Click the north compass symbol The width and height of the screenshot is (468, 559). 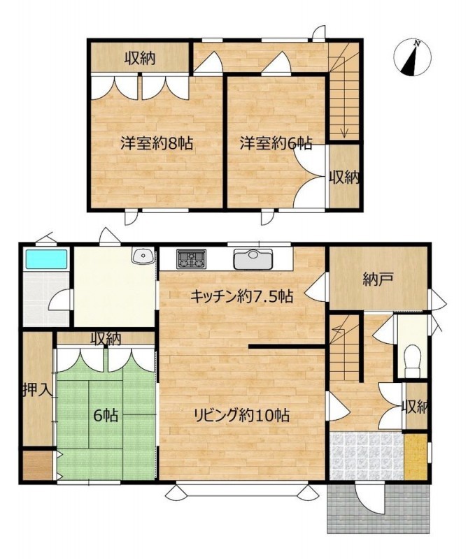(412, 57)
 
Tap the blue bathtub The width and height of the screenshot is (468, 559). (45, 259)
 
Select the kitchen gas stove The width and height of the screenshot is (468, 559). (192, 258)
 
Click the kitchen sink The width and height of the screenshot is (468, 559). (253, 259)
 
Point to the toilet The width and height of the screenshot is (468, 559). (412, 361)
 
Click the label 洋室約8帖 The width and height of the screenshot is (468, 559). (157, 143)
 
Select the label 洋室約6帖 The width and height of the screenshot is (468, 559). (276, 143)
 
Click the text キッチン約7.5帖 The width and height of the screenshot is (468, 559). (241, 296)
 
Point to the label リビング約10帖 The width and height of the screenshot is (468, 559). (241, 414)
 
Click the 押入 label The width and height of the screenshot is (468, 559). (38, 390)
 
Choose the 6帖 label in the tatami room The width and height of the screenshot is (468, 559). (106, 414)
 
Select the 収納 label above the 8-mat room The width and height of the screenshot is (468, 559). (140, 58)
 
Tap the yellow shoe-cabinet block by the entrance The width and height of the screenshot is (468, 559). (416, 457)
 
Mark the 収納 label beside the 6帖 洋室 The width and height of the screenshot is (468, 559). (344, 177)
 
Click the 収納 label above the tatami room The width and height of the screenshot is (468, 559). (106, 339)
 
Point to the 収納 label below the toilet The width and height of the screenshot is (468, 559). (415, 407)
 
